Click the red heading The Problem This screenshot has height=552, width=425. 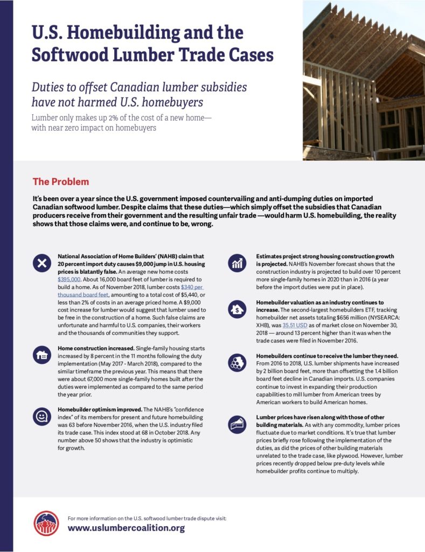[61, 182]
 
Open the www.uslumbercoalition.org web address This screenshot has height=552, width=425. [126, 528]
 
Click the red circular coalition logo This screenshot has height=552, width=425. [46, 523]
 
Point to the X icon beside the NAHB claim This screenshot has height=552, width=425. [41, 263]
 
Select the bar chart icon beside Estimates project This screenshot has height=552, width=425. [237, 263]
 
